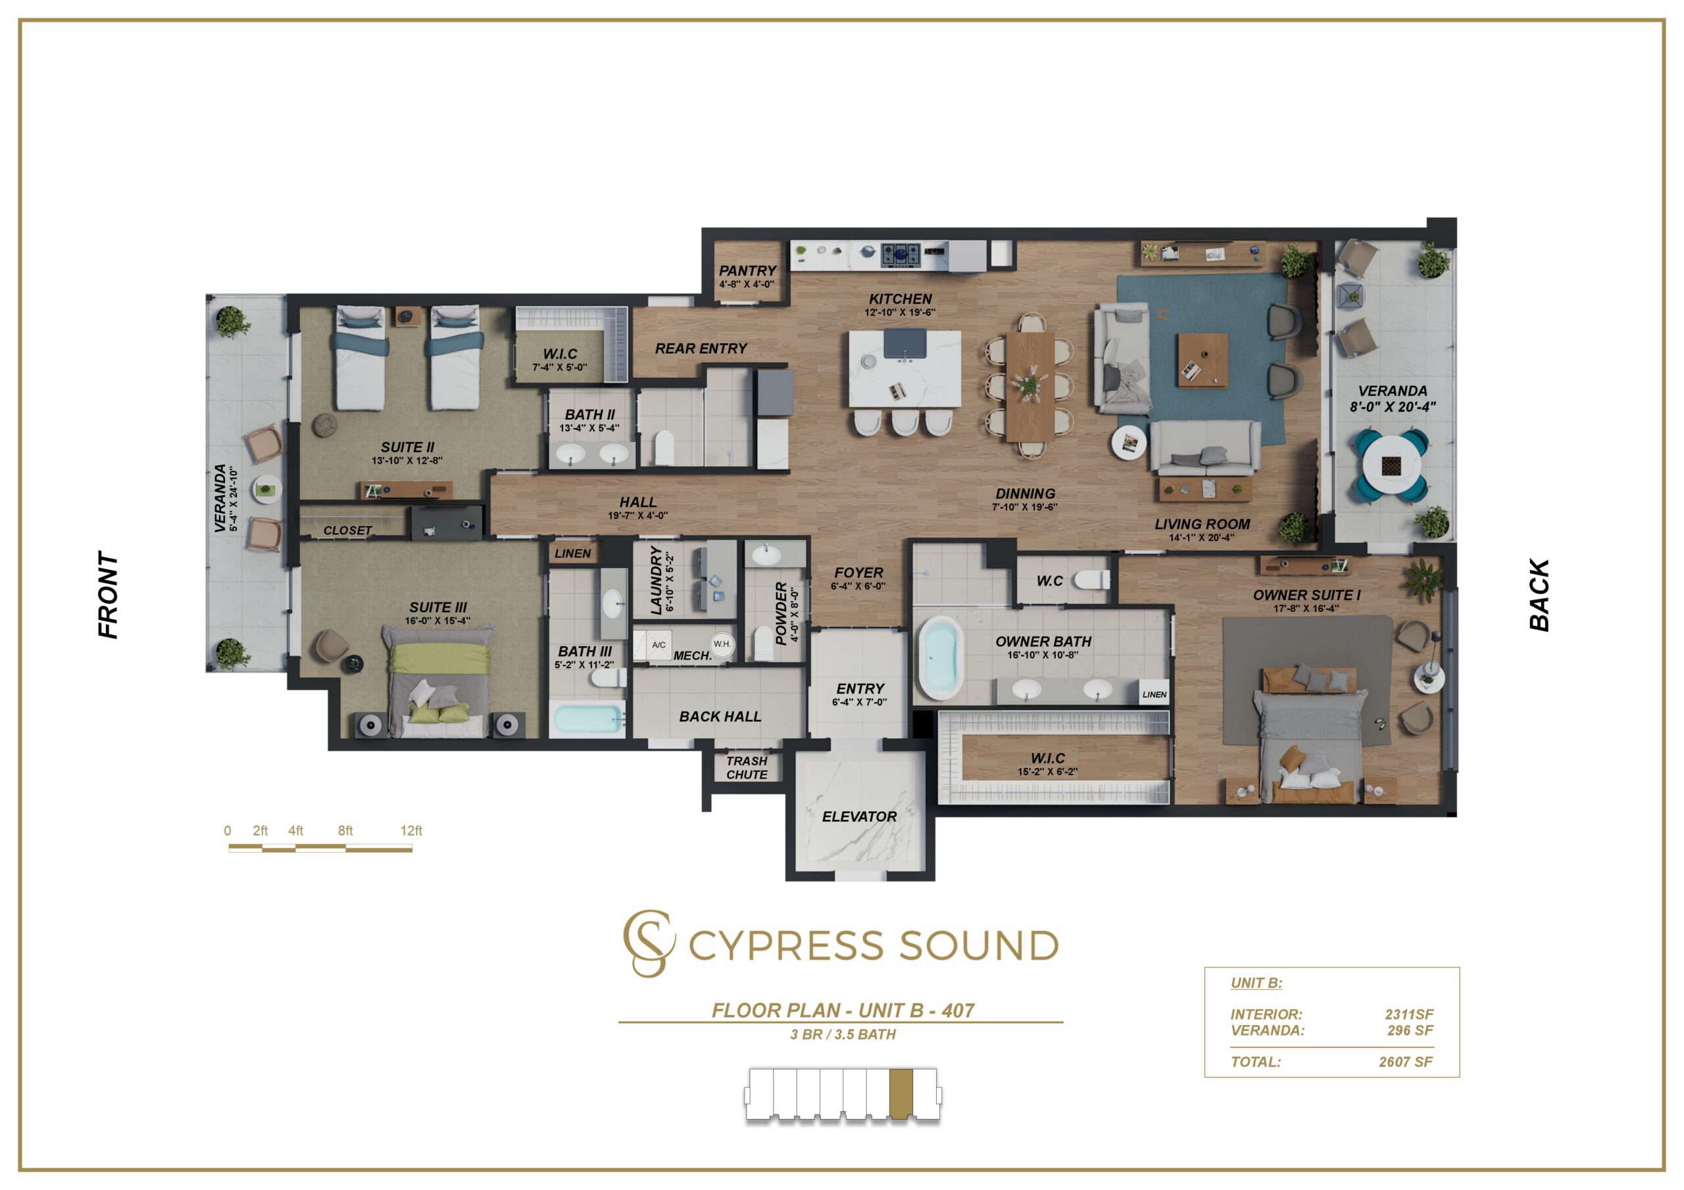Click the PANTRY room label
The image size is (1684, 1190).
pyautogui.click(x=747, y=271)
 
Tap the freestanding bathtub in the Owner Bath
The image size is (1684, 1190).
pyautogui.click(x=941, y=657)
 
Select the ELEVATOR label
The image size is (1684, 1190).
pyautogui.click(x=859, y=816)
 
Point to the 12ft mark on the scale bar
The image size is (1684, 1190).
pyautogui.click(x=410, y=831)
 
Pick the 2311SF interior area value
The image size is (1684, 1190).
pyautogui.click(x=1409, y=1014)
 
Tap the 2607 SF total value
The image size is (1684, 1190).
pyautogui.click(x=1405, y=1062)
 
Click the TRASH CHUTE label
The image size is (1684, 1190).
pyautogui.click(x=747, y=768)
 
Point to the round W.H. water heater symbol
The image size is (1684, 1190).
pyautogui.click(x=722, y=644)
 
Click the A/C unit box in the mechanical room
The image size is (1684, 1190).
pyautogui.click(x=658, y=645)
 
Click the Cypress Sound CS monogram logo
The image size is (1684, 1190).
pyautogui.click(x=649, y=943)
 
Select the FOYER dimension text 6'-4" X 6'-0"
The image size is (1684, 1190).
pyautogui.click(x=858, y=586)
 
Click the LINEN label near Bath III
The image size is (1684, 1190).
pyautogui.click(x=572, y=554)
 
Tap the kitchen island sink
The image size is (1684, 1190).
pyautogui.click(x=904, y=343)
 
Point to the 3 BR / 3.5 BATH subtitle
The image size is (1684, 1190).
pyautogui.click(x=843, y=1035)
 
